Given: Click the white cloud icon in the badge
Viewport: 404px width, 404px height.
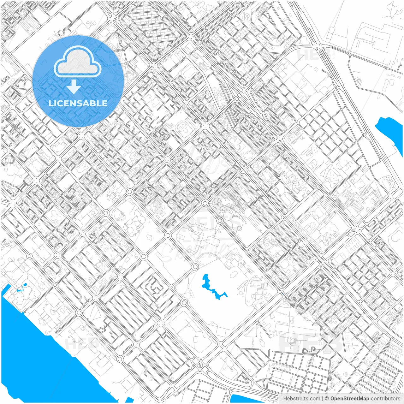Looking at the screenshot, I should [78, 61].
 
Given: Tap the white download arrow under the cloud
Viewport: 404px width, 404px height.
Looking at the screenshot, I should [74, 87].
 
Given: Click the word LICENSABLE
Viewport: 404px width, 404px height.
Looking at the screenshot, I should [78, 103].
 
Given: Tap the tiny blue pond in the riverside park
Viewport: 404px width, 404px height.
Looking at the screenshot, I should [25, 285].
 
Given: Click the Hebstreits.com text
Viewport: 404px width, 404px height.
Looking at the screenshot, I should [301, 399].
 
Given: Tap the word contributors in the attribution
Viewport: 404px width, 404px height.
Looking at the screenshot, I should [385, 399].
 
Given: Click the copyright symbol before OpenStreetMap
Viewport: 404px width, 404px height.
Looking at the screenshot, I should [327, 399].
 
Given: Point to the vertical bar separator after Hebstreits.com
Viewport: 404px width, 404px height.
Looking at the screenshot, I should [323, 399].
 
